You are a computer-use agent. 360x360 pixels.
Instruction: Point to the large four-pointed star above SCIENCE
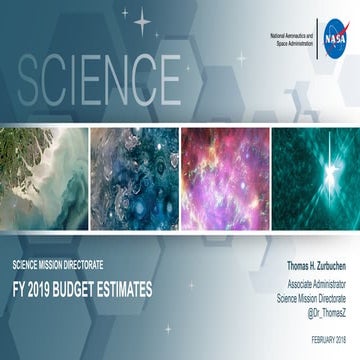pyautogui.click(x=142, y=19)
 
